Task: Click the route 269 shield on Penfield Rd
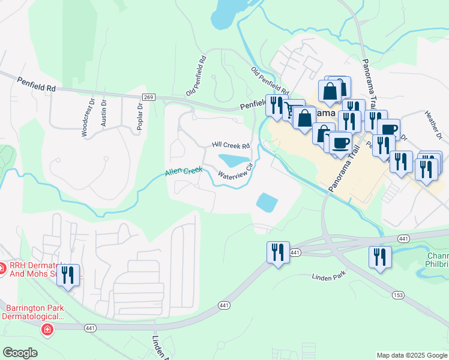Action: click(149, 97)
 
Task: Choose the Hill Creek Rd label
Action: click(231, 146)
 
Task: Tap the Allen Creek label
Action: click(184, 172)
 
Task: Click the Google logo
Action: click(20, 353)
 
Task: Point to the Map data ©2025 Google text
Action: click(412, 355)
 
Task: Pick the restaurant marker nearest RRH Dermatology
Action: click(67, 275)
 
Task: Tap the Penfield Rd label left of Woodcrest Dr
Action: click(36, 84)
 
